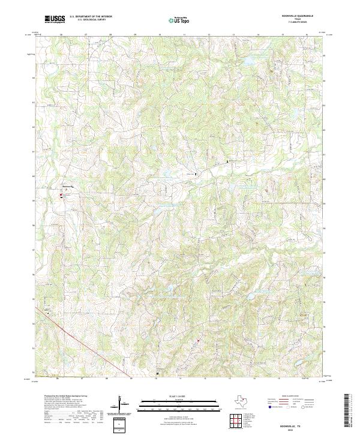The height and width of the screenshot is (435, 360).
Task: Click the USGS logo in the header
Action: (x=55, y=20)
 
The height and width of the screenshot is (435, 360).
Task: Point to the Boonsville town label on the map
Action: (x=68, y=187)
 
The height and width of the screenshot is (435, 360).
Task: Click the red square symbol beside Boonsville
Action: (x=61, y=194)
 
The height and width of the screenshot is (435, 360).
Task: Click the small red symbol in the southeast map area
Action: (x=197, y=341)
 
